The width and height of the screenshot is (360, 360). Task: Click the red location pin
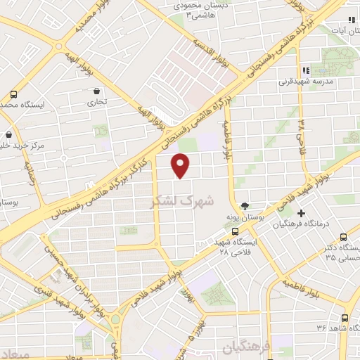point(181,165)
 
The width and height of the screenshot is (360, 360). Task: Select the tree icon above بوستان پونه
point(244,205)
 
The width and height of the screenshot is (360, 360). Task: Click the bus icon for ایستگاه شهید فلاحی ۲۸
point(236,230)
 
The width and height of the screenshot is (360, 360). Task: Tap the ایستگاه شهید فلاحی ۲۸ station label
point(237,245)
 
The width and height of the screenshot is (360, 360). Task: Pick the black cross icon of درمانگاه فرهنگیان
point(302,213)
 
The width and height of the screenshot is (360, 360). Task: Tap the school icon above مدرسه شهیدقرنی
point(305,70)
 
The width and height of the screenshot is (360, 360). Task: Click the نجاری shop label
point(96,102)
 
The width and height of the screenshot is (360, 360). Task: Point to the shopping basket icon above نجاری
point(96,91)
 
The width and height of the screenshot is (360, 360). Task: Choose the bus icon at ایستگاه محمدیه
point(13,94)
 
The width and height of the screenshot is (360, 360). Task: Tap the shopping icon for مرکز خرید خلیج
point(8,134)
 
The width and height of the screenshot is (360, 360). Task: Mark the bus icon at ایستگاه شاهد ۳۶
point(345,317)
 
